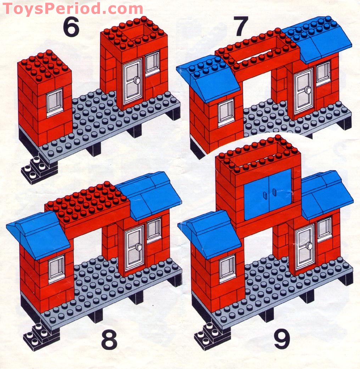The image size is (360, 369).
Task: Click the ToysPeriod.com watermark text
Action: click(x=73, y=8)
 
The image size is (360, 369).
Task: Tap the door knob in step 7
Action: click(x=308, y=91)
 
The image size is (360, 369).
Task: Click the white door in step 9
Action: click(x=305, y=246)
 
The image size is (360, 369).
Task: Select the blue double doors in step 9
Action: click(x=268, y=194)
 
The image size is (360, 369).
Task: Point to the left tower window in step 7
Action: click(x=226, y=113)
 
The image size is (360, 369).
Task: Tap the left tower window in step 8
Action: click(x=57, y=268)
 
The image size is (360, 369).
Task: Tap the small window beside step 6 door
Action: click(x=152, y=64)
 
